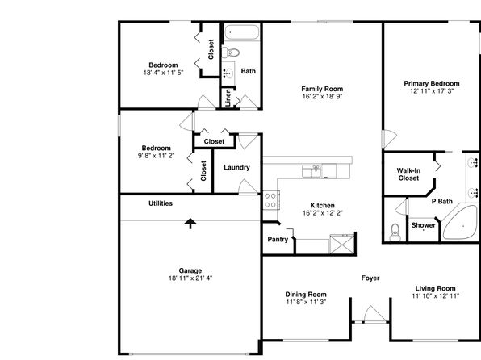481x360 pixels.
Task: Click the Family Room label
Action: (322, 89)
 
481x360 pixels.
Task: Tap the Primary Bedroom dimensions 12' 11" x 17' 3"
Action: (432, 91)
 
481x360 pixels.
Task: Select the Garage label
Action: (190, 270)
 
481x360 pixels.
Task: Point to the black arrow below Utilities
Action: (190, 224)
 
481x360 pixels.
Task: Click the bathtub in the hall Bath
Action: (241, 32)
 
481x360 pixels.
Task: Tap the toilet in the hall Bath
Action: (231, 52)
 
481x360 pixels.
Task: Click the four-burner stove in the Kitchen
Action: (270, 200)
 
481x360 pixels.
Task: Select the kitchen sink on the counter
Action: (312, 171)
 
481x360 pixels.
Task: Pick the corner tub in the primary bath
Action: (460, 223)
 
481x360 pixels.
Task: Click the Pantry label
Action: (278, 240)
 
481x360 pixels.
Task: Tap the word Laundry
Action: (236, 168)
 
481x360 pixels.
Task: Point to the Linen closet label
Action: (228, 98)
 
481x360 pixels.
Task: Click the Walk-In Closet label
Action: (408, 174)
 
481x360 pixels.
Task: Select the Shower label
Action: (423, 225)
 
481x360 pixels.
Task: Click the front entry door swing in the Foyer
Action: (374, 314)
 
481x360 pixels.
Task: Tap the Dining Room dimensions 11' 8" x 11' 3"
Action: (306, 302)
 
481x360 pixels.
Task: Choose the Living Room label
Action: (435, 288)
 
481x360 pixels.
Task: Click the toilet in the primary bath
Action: (395, 232)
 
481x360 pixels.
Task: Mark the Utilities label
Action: (161, 203)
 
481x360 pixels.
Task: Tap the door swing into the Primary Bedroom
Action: (390, 138)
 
